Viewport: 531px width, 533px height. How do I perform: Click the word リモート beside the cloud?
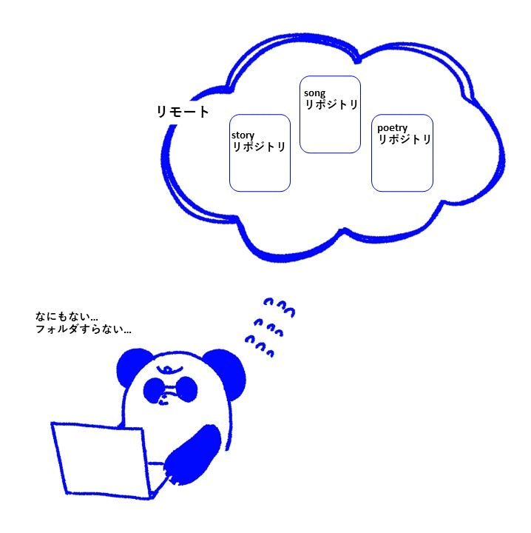pyautogui.click(x=183, y=113)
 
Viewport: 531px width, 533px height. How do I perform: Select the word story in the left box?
pyautogui.click(x=243, y=135)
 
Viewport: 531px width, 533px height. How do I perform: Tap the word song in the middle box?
pyautogui.click(x=314, y=93)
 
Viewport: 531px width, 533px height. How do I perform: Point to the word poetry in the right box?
pyautogui.click(x=392, y=128)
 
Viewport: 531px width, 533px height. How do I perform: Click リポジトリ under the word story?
pyautogui.click(x=259, y=147)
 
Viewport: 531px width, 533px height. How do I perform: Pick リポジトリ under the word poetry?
pyautogui.click(x=405, y=139)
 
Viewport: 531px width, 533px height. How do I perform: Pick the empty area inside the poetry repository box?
pyautogui.click(x=402, y=169)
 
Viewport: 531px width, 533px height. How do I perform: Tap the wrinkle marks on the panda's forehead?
pyautogui.click(x=171, y=368)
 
